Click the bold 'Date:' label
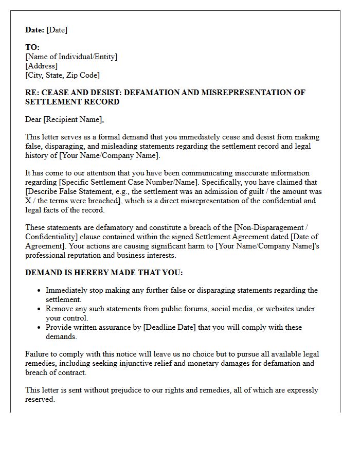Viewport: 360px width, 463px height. (x=34, y=30)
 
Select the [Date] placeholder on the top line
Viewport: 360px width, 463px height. (x=57, y=30)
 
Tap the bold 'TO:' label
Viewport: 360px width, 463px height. (x=32, y=47)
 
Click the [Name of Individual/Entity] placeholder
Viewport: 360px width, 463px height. (x=71, y=57)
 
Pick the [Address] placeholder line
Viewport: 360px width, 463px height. (x=42, y=66)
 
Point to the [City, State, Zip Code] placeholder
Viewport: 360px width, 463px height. (x=62, y=75)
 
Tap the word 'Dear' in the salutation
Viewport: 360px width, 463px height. (x=33, y=119)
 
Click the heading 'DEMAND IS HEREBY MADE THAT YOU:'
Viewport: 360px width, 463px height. (x=104, y=273)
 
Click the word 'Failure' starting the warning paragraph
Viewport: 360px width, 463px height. (x=38, y=354)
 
